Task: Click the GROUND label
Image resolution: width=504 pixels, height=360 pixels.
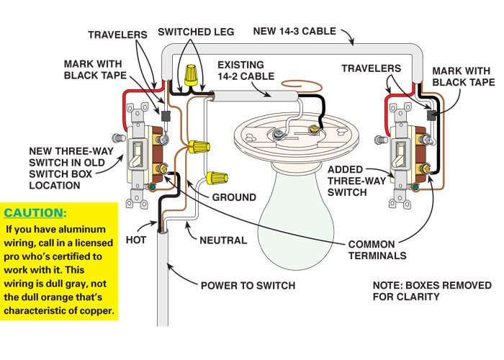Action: pos(233,197)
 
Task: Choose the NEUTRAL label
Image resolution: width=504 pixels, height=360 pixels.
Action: pos(222,240)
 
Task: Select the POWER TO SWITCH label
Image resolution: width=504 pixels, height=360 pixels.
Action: pos(248,285)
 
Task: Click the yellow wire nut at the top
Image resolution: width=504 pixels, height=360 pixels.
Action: pos(192,73)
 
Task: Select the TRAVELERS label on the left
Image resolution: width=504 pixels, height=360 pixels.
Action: pos(117,34)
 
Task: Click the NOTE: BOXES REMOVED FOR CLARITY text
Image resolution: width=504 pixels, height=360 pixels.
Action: pos(421,291)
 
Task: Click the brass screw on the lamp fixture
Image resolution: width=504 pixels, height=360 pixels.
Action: pos(313,130)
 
